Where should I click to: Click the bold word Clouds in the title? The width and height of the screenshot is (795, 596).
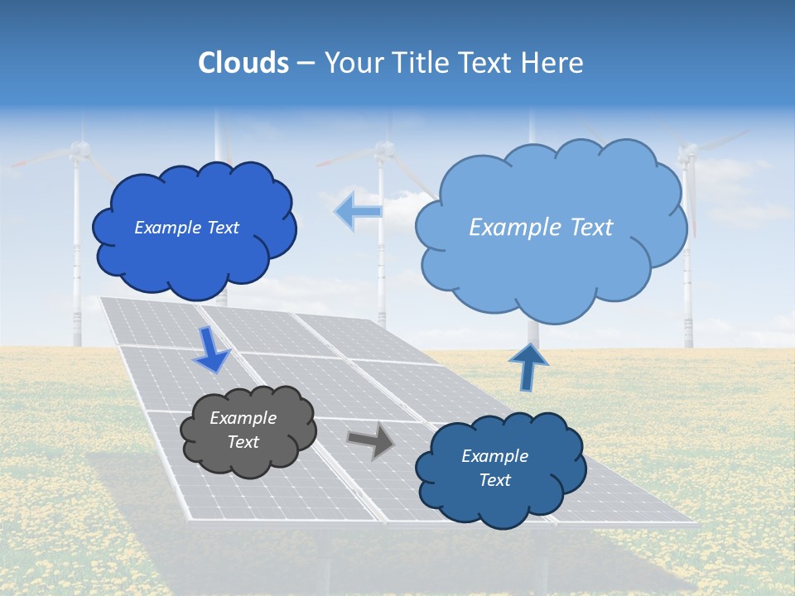tap(243, 63)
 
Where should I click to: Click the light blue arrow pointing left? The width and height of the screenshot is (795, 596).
tap(359, 211)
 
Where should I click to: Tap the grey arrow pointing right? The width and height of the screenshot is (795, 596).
tap(370, 441)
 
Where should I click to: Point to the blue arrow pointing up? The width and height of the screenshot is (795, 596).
tap(528, 367)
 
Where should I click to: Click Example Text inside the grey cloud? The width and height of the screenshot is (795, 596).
tap(243, 430)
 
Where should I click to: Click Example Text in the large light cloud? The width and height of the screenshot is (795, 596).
tap(541, 228)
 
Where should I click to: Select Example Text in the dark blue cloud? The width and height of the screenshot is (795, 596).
tap(186, 228)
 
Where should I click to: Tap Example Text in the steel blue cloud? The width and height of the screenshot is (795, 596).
tap(494, 468)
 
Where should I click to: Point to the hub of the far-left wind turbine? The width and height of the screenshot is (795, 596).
tap(78, 149)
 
